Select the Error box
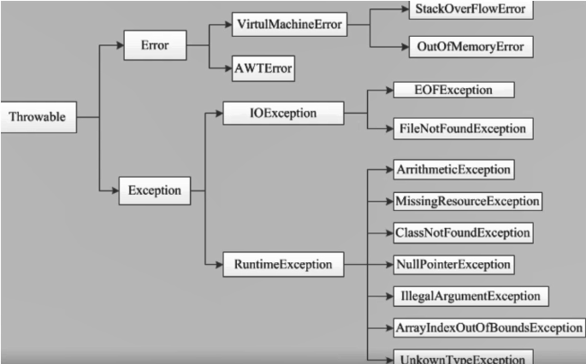(154, 45)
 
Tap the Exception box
(154, 190)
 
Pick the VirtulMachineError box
(288, 25)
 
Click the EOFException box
(453, 90)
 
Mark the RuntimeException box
(282, 264)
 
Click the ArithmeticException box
(453, 169)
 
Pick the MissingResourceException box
(467, 201)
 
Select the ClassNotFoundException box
(462, 232)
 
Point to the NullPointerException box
(453, 264)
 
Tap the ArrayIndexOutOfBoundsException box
(488, 327)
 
